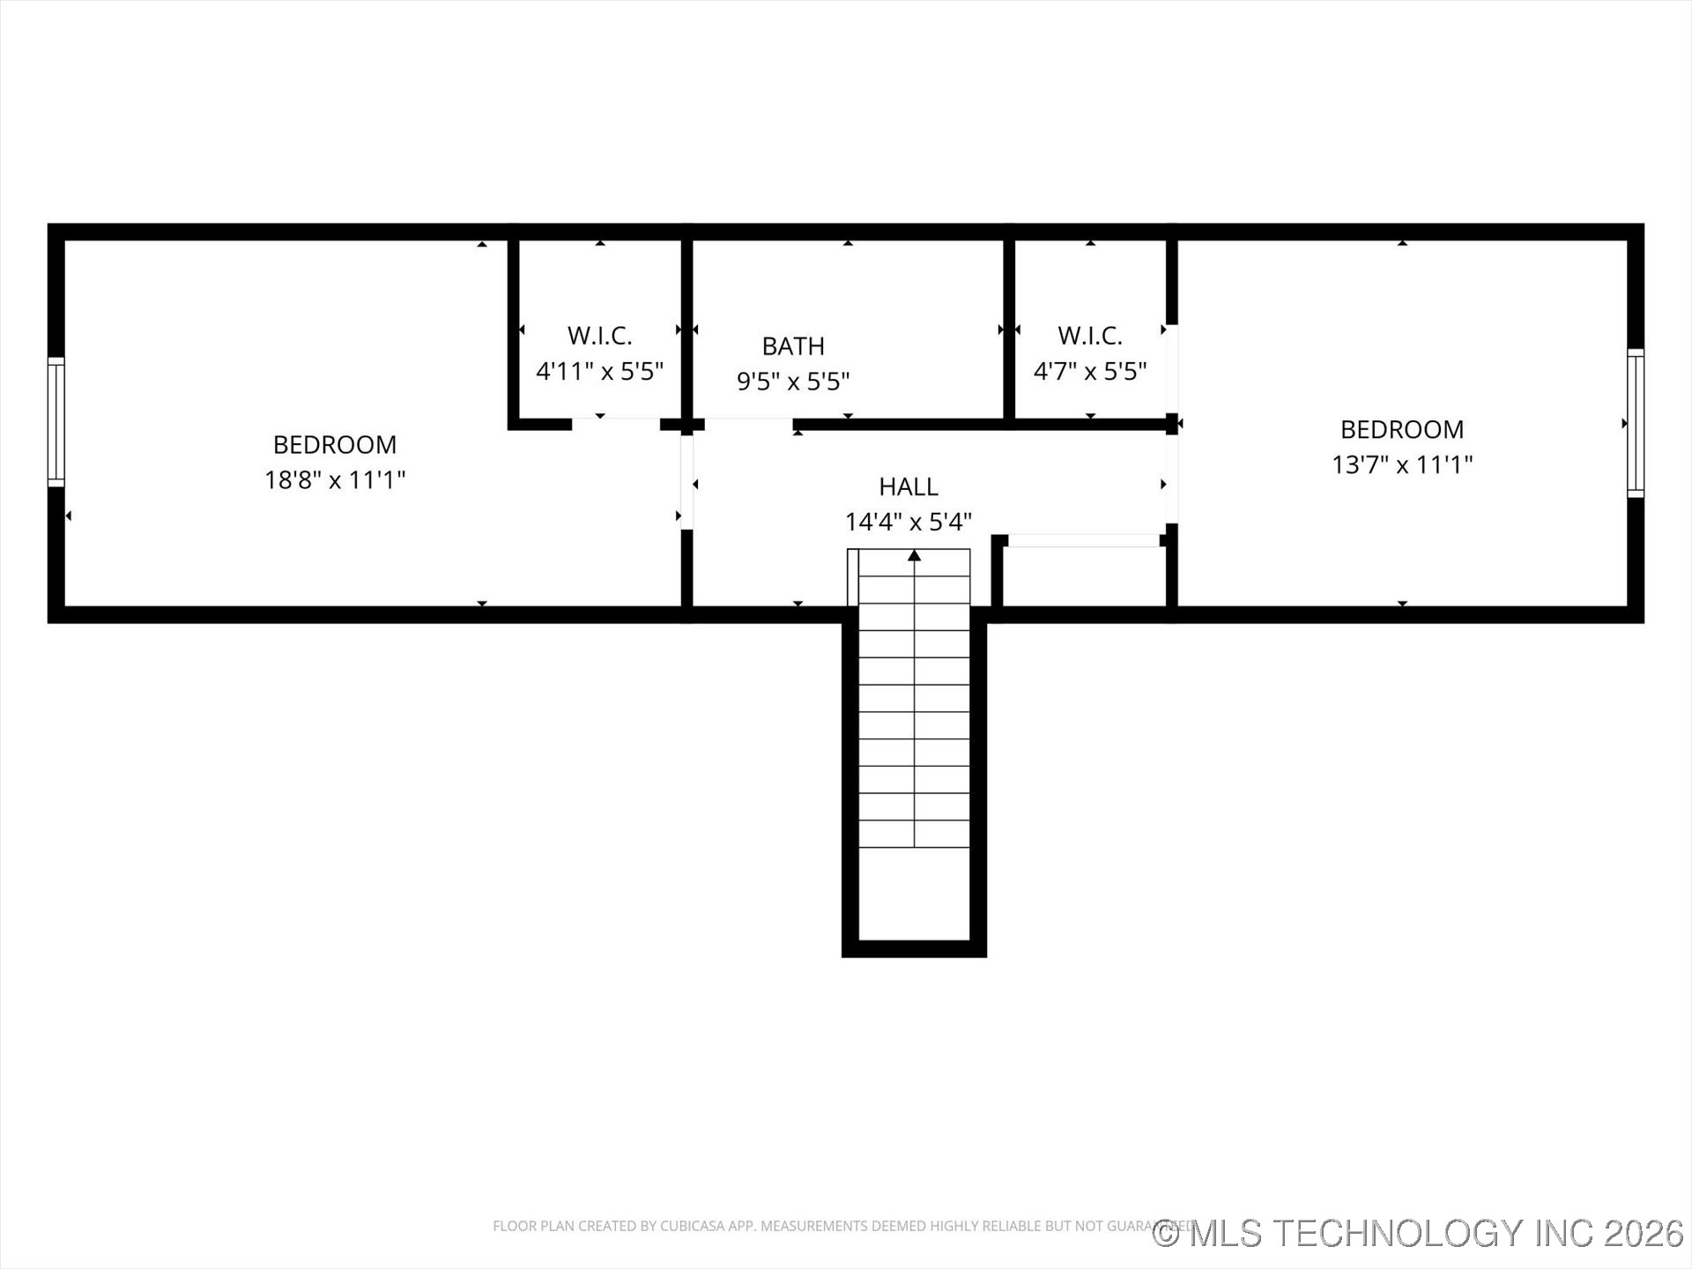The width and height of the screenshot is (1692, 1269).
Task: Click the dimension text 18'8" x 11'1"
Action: point(335,480)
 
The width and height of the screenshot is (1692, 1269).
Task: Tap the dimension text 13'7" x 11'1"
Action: point(1402,464)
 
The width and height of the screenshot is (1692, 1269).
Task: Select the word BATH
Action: point(793,346)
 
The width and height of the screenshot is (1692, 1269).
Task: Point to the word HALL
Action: point(908,486)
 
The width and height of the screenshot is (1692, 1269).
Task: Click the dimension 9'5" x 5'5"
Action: point(793,382)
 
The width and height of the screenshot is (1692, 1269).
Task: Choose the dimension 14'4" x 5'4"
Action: point(908,522)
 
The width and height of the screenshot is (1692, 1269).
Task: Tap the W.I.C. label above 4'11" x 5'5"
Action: point(599,336)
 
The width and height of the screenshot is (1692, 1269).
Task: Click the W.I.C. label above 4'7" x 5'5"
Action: point(1090,336)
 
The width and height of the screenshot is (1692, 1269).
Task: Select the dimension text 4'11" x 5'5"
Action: point(599,371)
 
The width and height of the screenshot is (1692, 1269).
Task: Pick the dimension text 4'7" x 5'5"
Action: point(1090,371)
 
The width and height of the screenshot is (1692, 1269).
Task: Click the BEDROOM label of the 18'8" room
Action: point(335,444)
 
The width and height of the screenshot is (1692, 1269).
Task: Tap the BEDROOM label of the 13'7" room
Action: point(1402,429)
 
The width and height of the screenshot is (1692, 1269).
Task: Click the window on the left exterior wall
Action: point(56,422)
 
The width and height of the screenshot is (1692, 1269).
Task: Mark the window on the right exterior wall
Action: point(1635,423)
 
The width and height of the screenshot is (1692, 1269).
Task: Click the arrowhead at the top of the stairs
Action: point(915,555)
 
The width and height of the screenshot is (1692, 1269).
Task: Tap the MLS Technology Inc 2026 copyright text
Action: point(1419,1233)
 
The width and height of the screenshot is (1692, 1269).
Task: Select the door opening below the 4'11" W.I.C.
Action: point(616,424)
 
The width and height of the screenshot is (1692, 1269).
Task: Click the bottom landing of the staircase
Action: point(915,894)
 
